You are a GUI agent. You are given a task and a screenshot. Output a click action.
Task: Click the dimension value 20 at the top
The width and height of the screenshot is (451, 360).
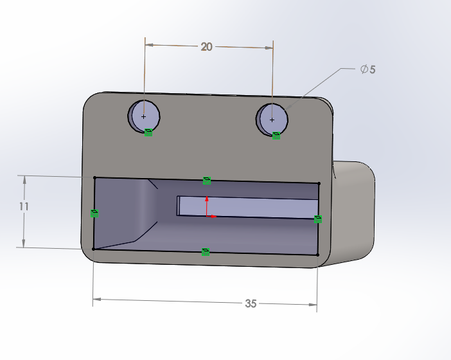point(206,46)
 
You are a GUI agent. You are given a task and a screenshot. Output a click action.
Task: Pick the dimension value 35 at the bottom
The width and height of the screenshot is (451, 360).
point(251,303)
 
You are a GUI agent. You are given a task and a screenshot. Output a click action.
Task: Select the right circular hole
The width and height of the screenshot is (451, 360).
point(273,118)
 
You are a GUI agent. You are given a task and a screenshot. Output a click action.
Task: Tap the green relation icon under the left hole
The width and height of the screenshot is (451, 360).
point(148,132)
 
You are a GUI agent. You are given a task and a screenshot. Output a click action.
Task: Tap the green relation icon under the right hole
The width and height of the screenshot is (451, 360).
point(276,136)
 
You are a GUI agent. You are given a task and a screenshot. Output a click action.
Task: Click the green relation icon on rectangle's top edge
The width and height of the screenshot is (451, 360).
point(206,181)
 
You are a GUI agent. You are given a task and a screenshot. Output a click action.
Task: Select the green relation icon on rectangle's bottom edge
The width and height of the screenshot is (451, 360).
point(205,251)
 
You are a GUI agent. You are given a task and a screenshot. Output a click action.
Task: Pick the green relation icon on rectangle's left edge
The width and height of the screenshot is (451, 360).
point(94,213)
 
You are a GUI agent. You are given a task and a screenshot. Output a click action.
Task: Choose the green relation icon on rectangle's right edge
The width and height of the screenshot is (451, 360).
point(317,219)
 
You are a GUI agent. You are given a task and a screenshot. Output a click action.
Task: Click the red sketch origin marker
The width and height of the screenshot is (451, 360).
point(207,215)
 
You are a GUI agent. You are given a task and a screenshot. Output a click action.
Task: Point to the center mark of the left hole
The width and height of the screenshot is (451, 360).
point(143,117)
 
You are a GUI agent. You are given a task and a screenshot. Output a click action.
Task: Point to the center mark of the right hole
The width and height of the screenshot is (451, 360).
point(272,120)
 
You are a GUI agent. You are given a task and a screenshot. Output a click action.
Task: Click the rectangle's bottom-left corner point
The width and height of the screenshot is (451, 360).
point(94,248)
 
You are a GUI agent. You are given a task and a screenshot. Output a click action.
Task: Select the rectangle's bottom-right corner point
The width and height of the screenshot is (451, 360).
point(318,255)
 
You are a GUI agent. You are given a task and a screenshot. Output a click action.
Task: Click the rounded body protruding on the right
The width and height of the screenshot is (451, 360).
point(353,212)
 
